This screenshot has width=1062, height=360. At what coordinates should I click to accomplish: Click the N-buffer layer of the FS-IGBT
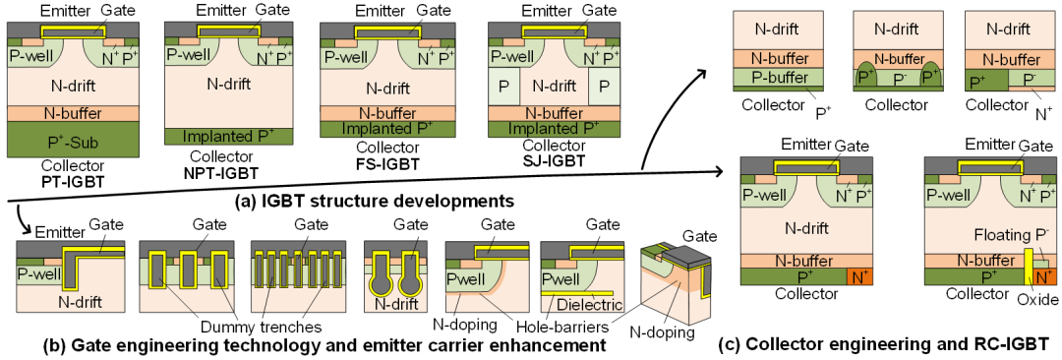coord(384,113)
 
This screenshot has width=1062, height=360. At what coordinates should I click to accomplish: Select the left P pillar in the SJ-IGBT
coord(503,87)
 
